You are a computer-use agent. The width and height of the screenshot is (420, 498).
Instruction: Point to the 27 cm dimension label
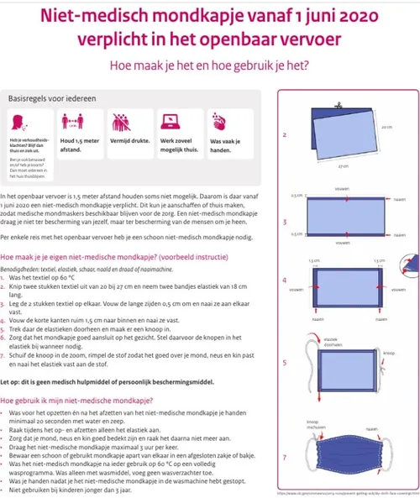pos(341,168)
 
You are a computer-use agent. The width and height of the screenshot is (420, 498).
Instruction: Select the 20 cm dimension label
pos(386,128)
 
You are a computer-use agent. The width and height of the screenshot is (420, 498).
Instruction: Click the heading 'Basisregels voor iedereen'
pos(51,98)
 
